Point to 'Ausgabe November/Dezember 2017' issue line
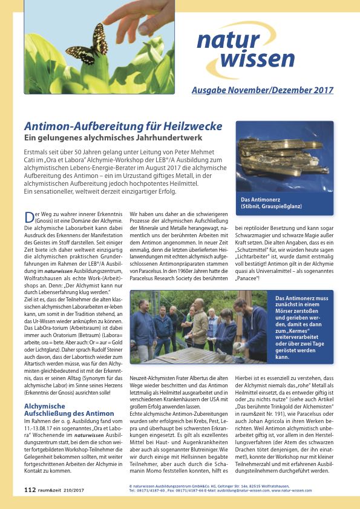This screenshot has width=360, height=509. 262,90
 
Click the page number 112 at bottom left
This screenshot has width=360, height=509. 30,488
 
